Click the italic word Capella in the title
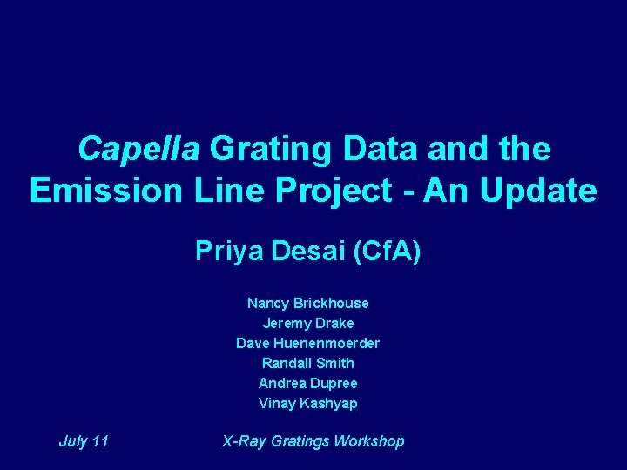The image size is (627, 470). pos(139,149)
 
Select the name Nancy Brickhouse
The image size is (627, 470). pos(307,303)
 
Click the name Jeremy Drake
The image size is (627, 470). pos(307,323)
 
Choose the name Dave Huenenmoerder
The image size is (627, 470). pos(307,343)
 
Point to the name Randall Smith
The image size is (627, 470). pos(307,363)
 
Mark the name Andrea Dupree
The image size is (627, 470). pos(307,383)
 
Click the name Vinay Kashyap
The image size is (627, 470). pos(307,403)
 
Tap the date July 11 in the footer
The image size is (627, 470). pos(84,441)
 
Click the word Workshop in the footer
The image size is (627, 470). pos(369,441)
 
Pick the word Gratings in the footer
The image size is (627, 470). pos(300,441)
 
